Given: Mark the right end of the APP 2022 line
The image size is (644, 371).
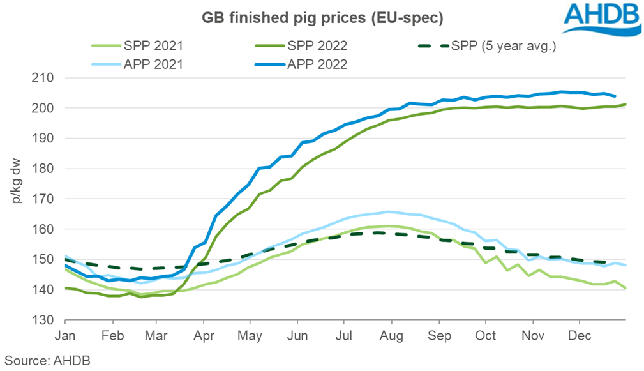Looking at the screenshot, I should tap(615, 96).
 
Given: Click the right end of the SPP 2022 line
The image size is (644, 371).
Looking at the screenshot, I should tap(625, 104).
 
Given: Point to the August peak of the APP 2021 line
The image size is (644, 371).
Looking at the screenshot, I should tap(387, 211).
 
